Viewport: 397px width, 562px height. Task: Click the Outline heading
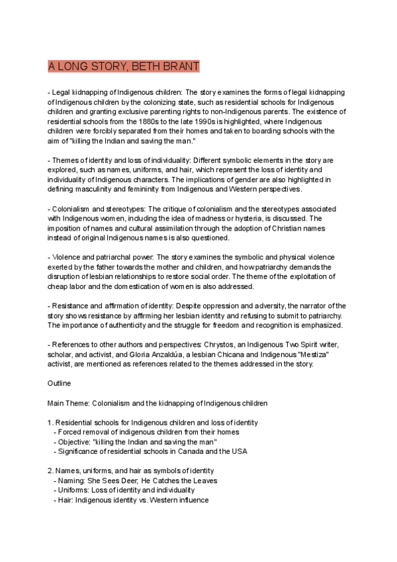(60, 383)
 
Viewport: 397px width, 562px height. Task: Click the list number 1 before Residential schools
(50, 422)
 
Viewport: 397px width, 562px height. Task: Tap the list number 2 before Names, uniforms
(50, 471)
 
